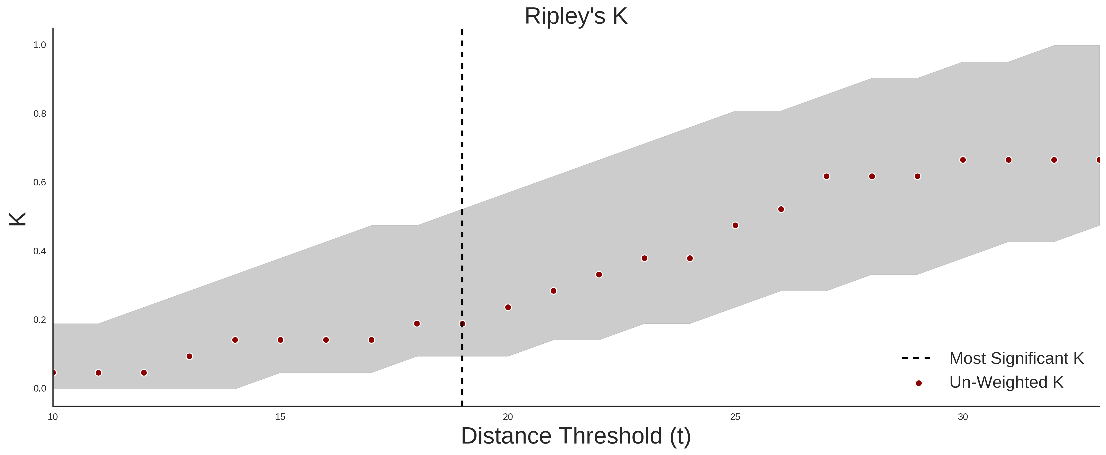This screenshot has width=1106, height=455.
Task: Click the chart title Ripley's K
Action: (x=576, y=16)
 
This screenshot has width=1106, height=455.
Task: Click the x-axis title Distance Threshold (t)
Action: (x=576, y=436)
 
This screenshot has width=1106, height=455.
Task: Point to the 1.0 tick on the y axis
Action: (x=40, y=45)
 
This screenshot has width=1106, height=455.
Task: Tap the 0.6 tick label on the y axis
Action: (x=40, y=182)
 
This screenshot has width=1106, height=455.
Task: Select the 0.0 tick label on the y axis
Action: (x=40, y=388)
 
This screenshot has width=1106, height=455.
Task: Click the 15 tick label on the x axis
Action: (x=280, y=417)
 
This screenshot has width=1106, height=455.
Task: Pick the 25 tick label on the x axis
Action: (x=736, y=417)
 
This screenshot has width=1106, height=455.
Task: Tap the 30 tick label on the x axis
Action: (x=963, y=417)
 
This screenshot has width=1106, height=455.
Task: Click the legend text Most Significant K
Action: (x=1016, y=358)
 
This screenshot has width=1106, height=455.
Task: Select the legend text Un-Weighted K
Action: (x=1006, y=382)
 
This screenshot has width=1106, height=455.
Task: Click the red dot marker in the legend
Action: (x=918, y=383)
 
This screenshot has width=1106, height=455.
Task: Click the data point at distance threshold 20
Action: (x=508, y=307)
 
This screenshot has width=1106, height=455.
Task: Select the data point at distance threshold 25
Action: (x=736, y=225)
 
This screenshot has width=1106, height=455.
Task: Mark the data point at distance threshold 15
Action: (x=280, y=340)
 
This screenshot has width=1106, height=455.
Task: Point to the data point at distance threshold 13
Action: (x=189, y=356)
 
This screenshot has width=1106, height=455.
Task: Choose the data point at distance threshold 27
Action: (x=826, y=176)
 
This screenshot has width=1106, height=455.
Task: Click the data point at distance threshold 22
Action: (x=599, y=275)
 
